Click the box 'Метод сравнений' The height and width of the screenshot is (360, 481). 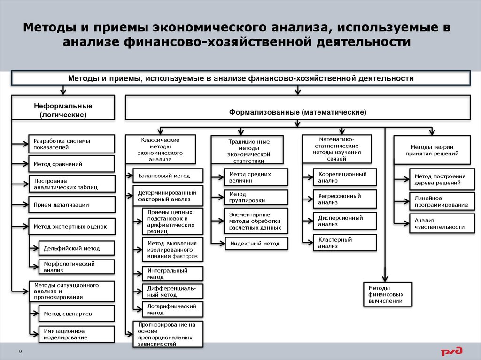[x=71, y=164]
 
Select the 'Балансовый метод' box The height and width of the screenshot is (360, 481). [x=168, y=176]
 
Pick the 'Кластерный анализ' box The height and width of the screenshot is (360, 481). [x=345, y=243]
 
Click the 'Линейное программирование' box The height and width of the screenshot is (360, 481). [x=440, y=201]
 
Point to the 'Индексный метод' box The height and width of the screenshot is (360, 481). [x=256, y=244]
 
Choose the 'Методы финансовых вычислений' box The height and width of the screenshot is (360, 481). [x=388, y=294]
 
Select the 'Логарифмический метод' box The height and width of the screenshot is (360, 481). [x=172, y=309]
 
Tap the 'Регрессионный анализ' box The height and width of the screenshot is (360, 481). [x=345, y=199]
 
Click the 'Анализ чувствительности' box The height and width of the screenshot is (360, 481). [x=440, y=223]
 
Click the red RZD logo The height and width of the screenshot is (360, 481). [x=451, y=351]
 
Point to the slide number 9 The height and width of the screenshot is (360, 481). [x=20, y=352]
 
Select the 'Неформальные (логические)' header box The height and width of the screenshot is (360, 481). [x=62, y=110]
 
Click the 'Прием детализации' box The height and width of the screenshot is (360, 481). [x=71, y=205]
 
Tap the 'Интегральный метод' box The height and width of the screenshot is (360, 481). [x=172, y=274]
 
